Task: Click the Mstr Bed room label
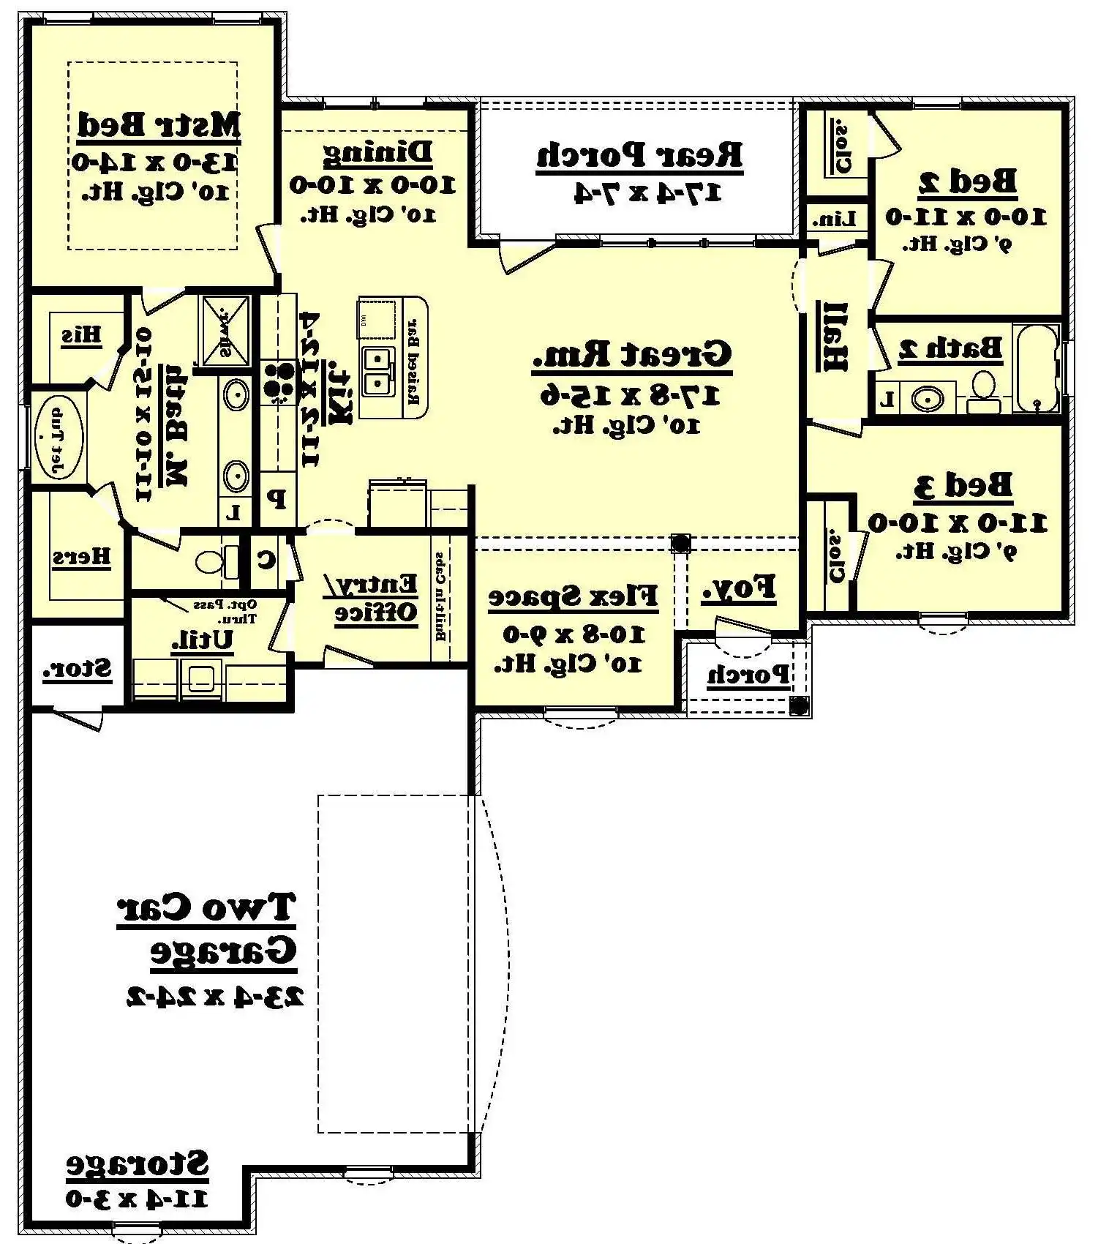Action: tap(159, 124)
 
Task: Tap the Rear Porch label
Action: tap(639, 155)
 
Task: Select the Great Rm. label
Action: tap(632, 355)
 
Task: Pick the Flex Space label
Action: tap(573, 597)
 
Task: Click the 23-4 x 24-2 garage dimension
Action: tap(214, 997)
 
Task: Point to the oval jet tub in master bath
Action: tap(58, 438)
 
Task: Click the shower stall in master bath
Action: tap(225, 330)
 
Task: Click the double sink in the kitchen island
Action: tap(376, 371)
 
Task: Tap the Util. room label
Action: tap(203, 640)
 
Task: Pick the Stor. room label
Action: tap(77, 669)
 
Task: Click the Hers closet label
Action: tap(81, 558)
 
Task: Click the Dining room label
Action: tap(377, 152)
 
